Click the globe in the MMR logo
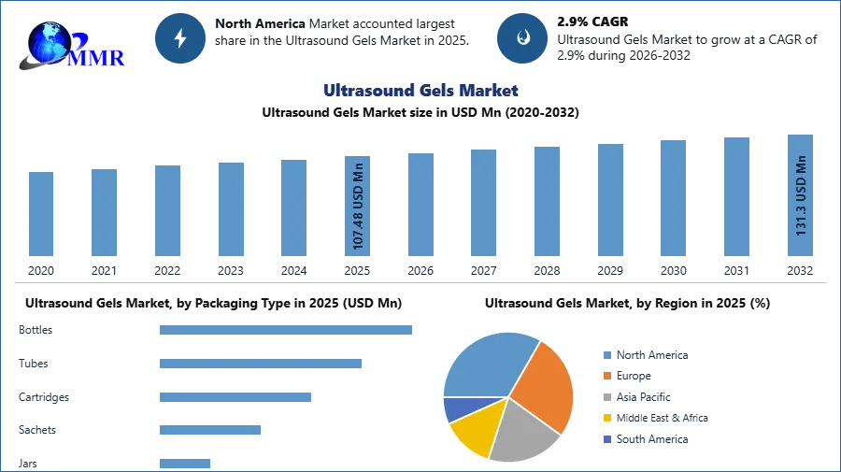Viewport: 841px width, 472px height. (50, 41)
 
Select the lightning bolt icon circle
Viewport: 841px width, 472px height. (180, 38)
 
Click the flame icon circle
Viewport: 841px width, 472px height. (522, 38)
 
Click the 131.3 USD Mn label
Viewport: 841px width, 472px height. (801, 195)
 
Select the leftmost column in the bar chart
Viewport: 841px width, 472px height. (41, 215)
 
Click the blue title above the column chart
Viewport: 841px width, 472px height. (421, 91)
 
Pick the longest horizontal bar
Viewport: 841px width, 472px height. (287, 329)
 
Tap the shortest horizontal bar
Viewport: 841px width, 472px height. (186, 464)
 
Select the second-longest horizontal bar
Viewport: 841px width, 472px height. (261, 365)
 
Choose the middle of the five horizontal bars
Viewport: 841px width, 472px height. (235, 396)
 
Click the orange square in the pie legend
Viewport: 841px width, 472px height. (606, 376)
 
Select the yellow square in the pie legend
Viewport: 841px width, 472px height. (606, 419)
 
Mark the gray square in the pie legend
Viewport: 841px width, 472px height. (606, 397)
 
